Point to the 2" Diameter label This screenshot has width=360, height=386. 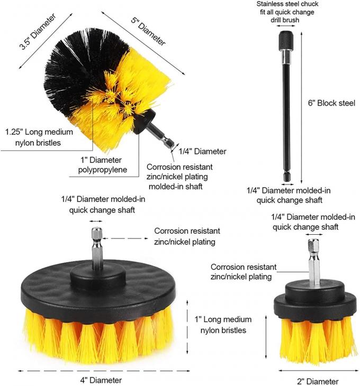tap(317, 381)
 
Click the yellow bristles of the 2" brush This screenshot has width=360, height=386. tap(316, 338)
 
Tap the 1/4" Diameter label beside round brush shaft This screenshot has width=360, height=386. tap(202, 151)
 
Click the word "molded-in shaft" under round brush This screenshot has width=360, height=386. tap(175, 187)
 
